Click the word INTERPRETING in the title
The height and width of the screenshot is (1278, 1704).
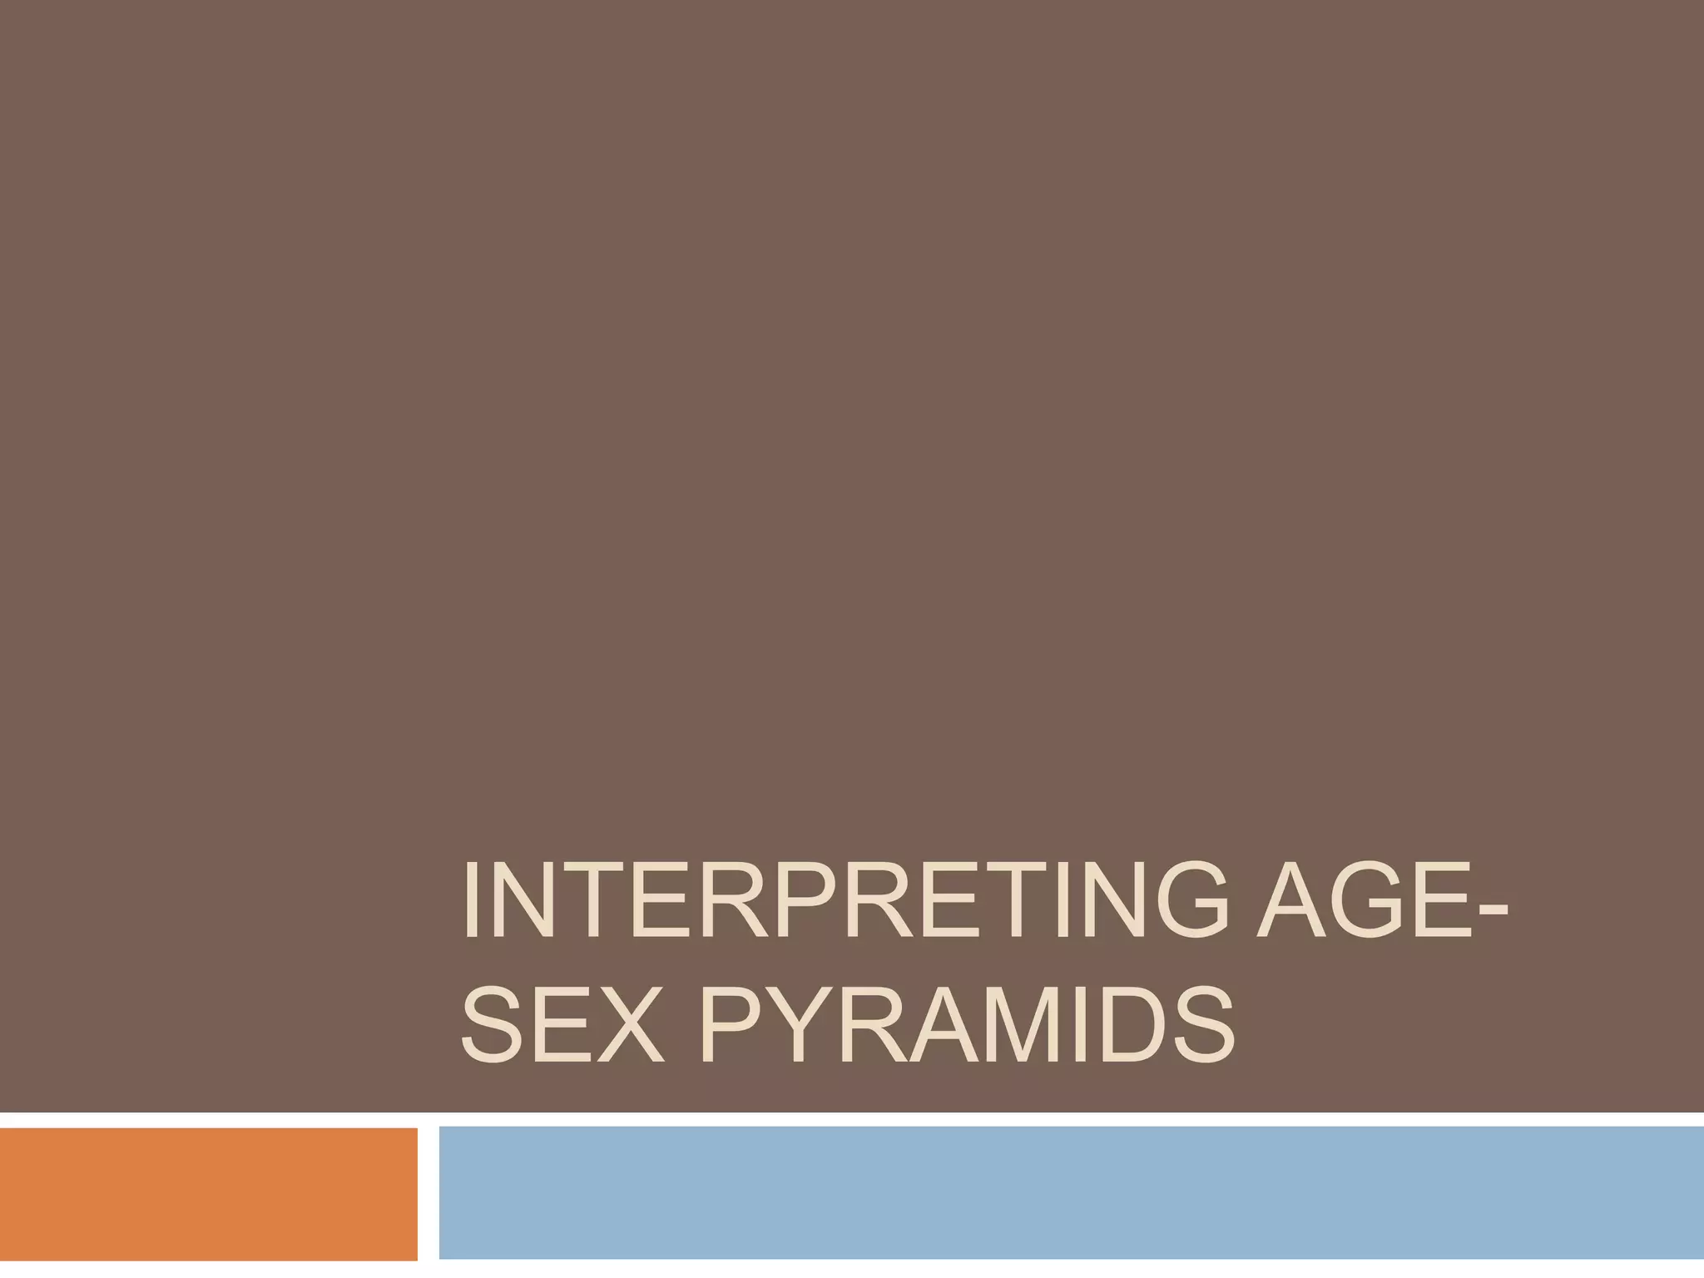pos(845,900)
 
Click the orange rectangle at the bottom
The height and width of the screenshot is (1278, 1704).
pos(208,1193)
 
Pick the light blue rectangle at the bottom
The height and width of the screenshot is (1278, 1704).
pos(1071,1193)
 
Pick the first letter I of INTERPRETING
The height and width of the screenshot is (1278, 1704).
pos(472,900)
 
